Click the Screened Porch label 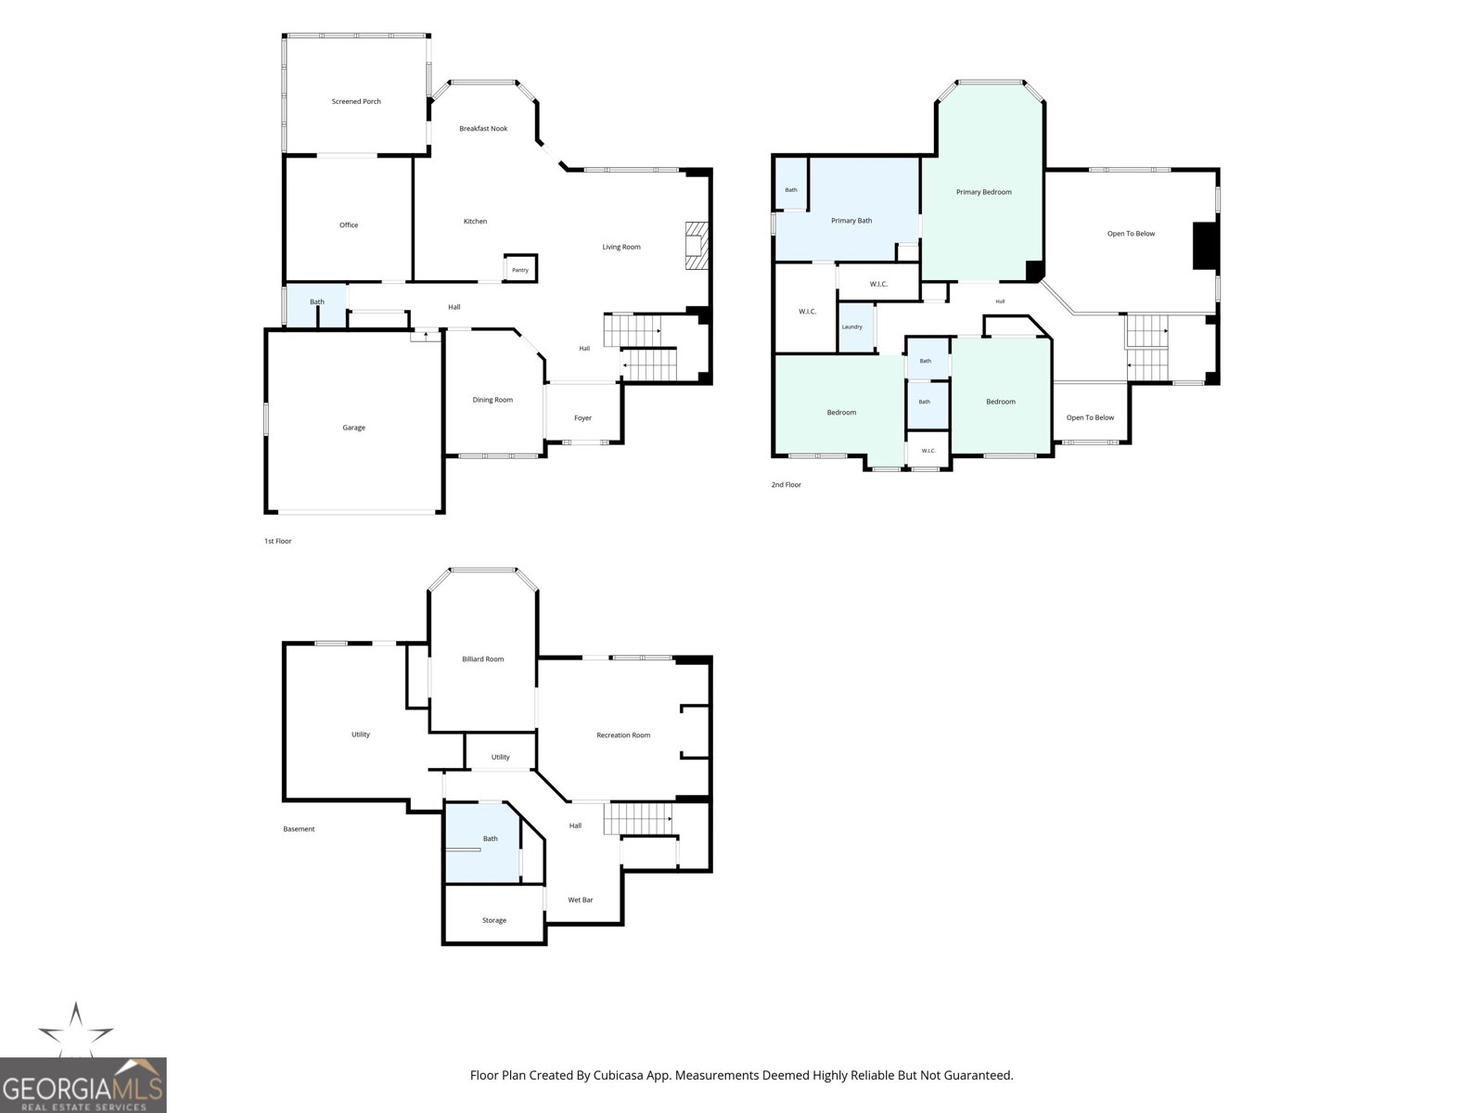(355, 101)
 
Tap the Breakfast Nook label (482, 128)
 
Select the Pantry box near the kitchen (520, 268)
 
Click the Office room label (348, 225)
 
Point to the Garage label (353, 428)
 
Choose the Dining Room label (493, 400)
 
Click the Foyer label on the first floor (582, 418)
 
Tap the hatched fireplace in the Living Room (697, 246)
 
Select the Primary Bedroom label (984, 192)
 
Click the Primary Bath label (851, 221)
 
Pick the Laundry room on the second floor (855, 327)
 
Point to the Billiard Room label (482, 659)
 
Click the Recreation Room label (622, 736)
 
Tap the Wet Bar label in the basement (580, 900)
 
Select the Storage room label (493, 920)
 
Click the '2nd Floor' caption (787, 484)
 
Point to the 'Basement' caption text (299, 829)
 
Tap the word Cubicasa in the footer (619, 1075)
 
